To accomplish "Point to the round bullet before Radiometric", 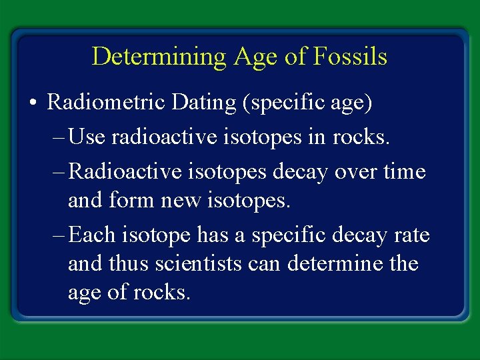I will (33, 103).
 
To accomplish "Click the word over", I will (351, 172).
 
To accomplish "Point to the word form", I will (130, 200).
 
